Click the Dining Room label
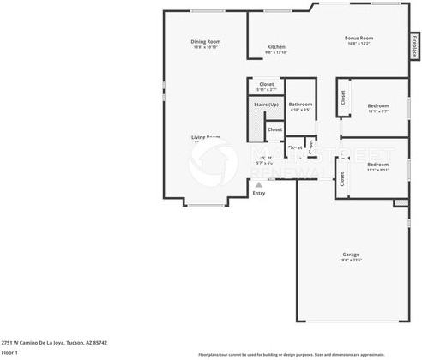(x=206, y=41)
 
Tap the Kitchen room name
(x=276, y=46)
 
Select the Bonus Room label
(x=359, y=38)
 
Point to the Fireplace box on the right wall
(x=414, y=45)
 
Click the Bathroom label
(x=300, y=105)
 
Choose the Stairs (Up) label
(x=266, y=105)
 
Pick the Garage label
(x=351, y=254)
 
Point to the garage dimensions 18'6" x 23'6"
(x=351, y=260)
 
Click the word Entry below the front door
(x=258, y=193)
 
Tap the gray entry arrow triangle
(x=258, y=183)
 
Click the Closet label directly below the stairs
(x=274, y=129)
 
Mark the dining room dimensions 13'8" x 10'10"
(x=206, y=47)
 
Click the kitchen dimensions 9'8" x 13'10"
(x=276, y=52)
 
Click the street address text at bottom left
(x=54, y=342)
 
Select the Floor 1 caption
(x=10, y=352)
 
